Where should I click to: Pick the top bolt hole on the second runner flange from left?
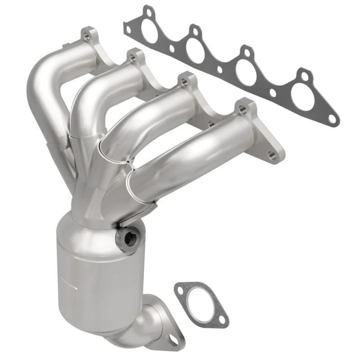click(131, 57)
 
